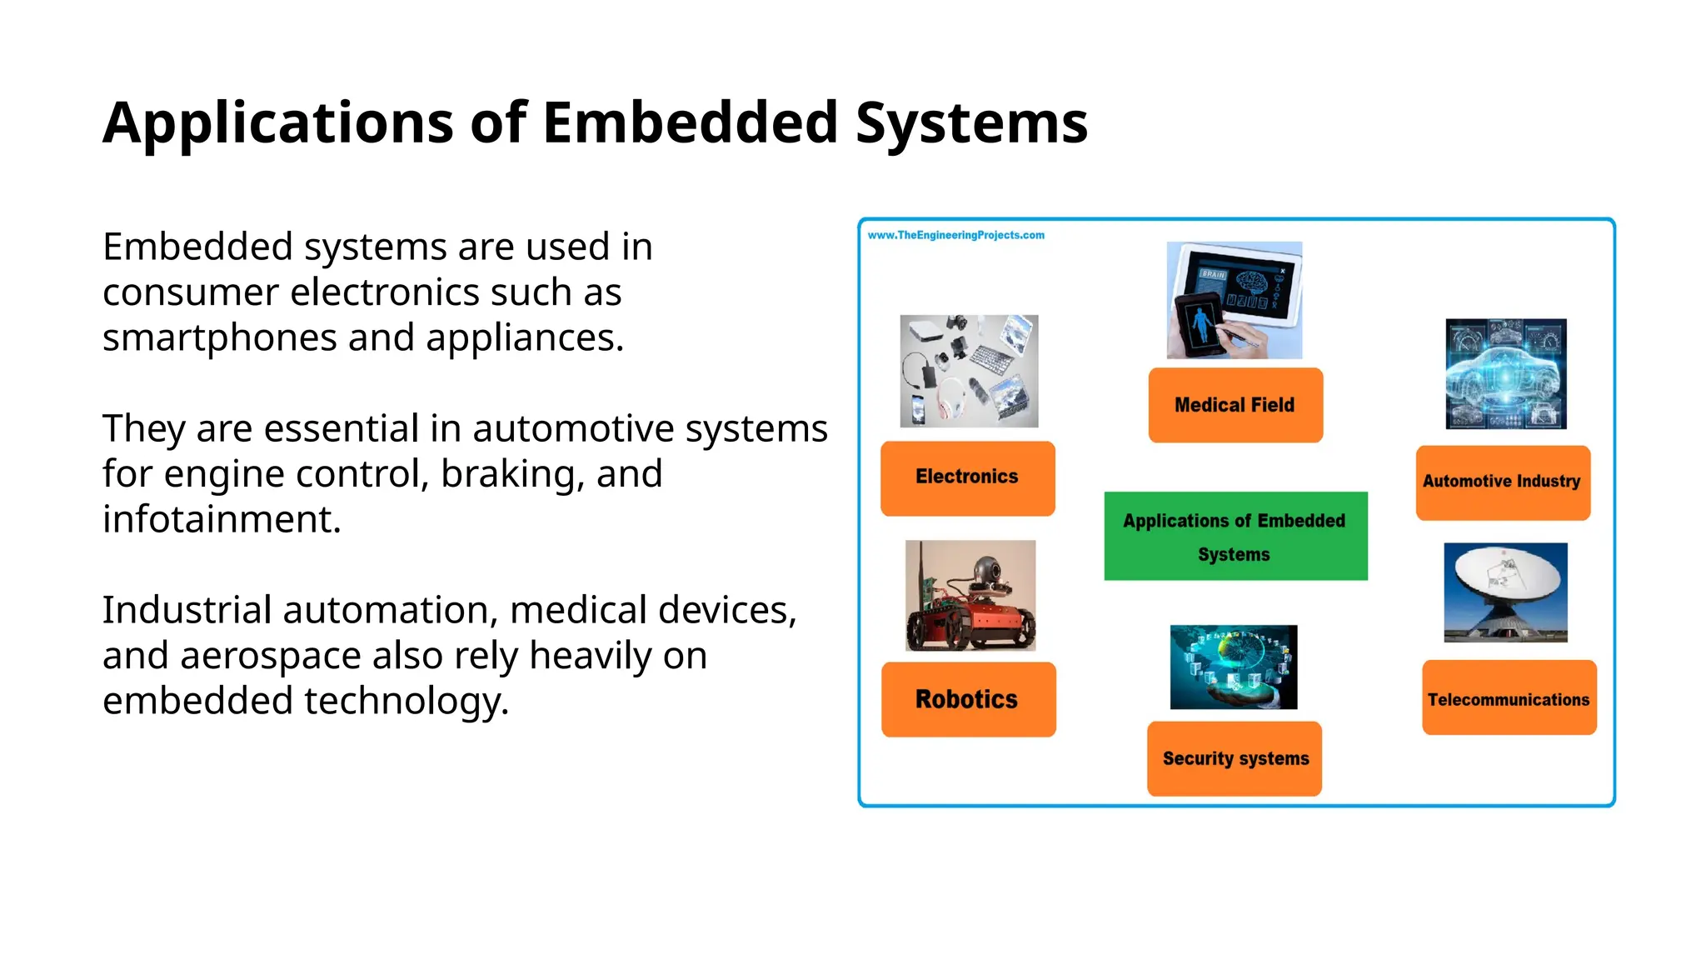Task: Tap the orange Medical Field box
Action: point(1235,405)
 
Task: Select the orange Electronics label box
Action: point(967,477)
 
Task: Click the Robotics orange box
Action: point(968,699)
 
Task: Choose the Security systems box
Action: point(1235,758)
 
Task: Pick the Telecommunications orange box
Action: point(1509,698)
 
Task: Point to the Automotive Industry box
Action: point(1502,482)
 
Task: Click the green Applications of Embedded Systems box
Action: point(1235,536)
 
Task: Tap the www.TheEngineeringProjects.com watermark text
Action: point(955,235)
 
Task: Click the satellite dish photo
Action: point(1505,592)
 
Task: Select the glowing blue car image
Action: point(1505,373)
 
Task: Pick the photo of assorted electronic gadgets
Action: point(969,371)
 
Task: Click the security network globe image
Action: point(1233,667)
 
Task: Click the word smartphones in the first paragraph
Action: point(219,338)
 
